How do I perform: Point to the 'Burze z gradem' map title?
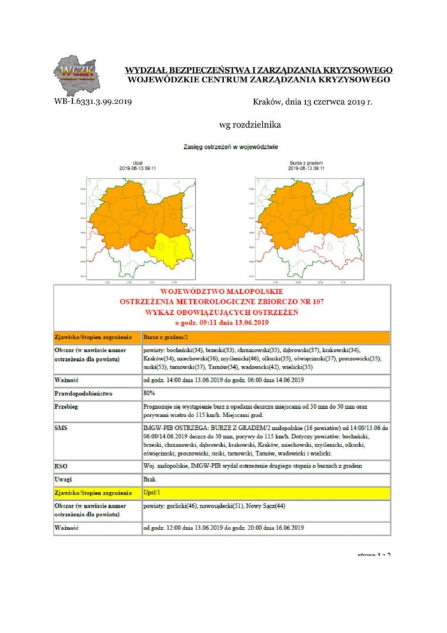pyautogui.click(x=307, y=164)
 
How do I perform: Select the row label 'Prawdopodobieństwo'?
pyautogui.click(x=84, y=393)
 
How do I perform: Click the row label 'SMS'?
pyautogui.click(x=62, y=427)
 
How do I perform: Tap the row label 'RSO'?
pyautogui.click(x=62, y=466)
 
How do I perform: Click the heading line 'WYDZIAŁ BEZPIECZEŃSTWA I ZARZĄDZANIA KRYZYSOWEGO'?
pyautogui.click(x=259, y=70)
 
